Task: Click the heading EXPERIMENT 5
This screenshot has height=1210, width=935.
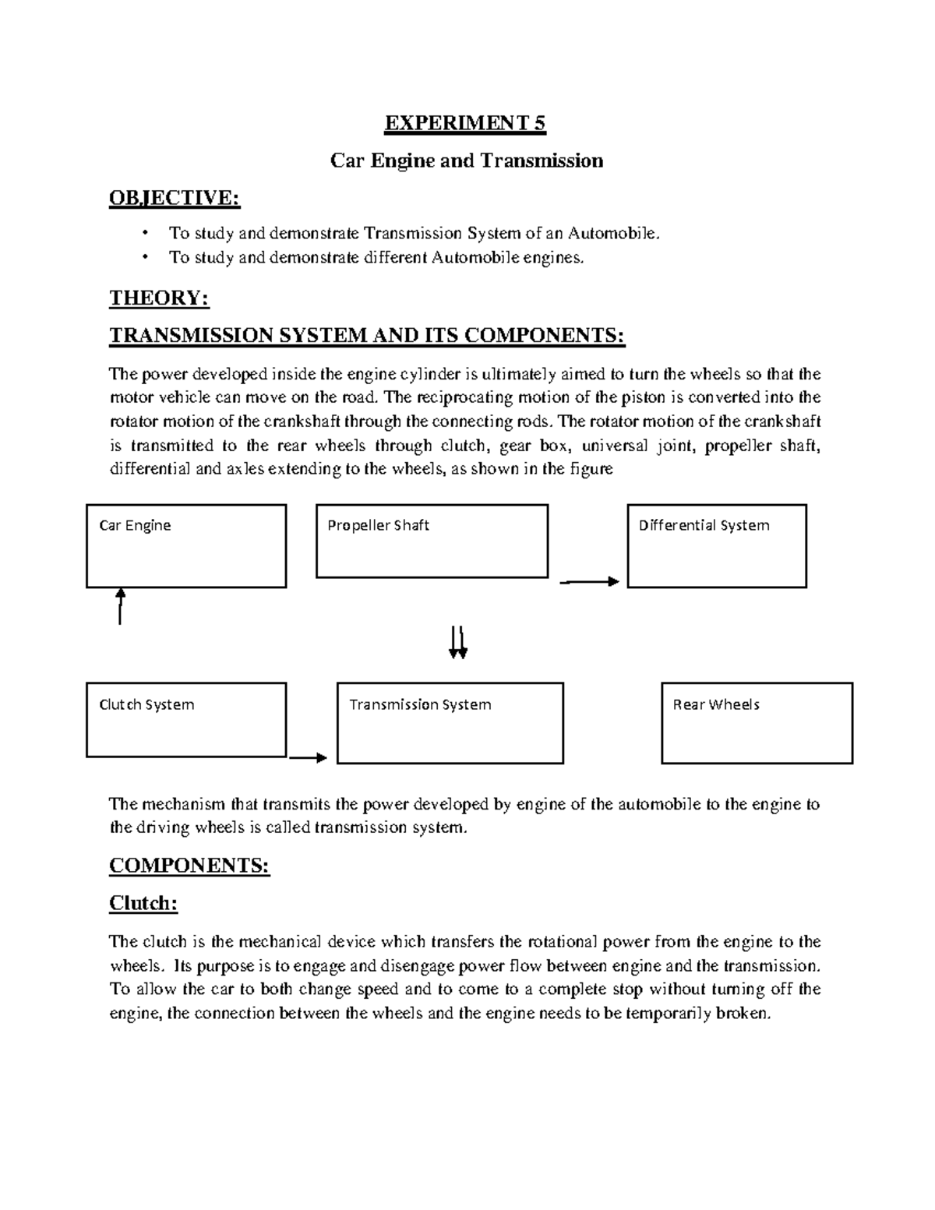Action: [x=466, y=123]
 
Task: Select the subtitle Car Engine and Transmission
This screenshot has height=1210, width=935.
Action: [x=466, y=161]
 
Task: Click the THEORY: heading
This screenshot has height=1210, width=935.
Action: [x=159, y=298]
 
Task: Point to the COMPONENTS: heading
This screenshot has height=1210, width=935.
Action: [x=189, y=866]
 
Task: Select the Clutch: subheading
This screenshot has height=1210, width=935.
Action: [x=143, y=903]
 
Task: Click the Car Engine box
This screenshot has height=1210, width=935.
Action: [x=186, y=545]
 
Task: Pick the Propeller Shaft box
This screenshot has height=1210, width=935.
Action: [x=432, y=541]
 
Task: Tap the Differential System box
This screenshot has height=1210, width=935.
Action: [x=717, y=545]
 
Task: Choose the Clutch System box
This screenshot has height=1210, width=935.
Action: [x=186, y=720]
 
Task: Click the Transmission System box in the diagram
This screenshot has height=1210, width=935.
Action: [x=450, y=723]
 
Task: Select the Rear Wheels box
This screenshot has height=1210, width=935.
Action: [x=757, y=723]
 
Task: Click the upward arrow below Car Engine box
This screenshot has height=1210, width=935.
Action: [x=120, y=606]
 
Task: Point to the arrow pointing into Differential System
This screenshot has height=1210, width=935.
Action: [x=590, y=581]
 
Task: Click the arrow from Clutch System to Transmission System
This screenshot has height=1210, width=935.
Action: [x=309, y=757]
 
